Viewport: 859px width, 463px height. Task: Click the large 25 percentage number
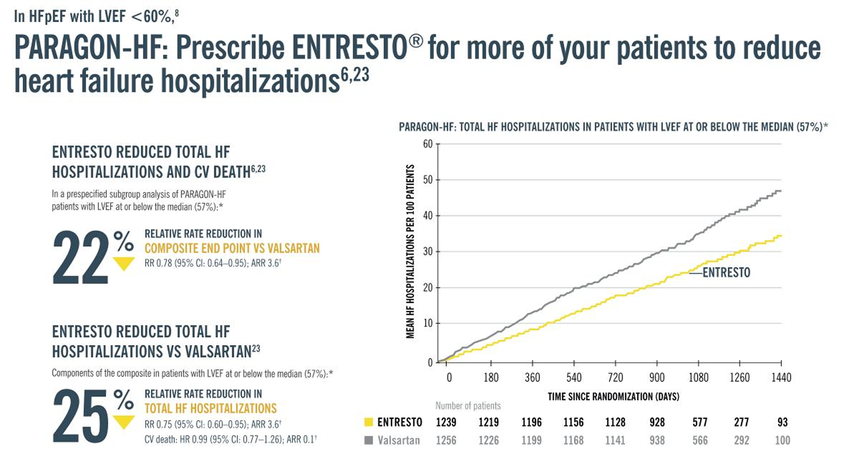click(x=81, y=417)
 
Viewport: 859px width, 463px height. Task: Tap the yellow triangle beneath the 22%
click(x=124, y=264)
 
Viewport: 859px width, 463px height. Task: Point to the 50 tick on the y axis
click(x=428, y=180)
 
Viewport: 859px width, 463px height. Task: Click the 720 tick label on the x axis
click(x=615, y=377)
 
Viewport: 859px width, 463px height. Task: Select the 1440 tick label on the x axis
click(x=781, y=377)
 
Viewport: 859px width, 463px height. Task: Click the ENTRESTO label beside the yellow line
click(x=726, y=272)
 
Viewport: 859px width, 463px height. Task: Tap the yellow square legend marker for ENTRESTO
click(x=369, y=422)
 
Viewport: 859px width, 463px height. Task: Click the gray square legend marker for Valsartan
click(x=369, y=440)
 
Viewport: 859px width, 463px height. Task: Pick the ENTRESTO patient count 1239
click(x=446, y=422)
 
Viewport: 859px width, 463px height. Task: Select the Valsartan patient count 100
click(x=782, y=440)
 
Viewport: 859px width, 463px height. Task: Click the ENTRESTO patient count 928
click(x=657, y=422)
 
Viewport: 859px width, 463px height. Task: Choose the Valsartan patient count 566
click(x=700, y=440)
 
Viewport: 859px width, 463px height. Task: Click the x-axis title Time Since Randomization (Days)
click(x=613, y=396)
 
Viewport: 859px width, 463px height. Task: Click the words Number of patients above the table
click(x=468, y=406)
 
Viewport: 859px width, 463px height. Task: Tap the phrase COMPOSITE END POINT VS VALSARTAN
click(x=232, y=248)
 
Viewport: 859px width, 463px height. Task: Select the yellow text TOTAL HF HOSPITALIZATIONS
click(x=210, y=408)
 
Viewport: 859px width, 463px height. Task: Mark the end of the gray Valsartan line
click(x=781, y=191)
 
